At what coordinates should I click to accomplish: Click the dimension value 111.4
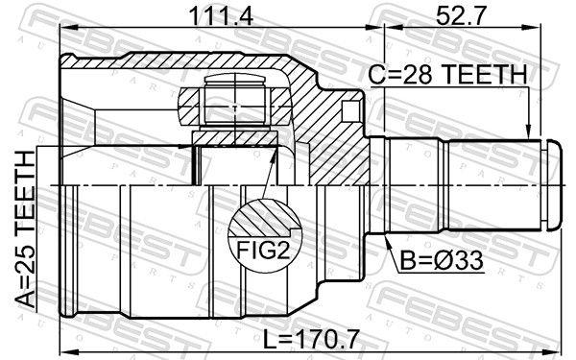(208, 15)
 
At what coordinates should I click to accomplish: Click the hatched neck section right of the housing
(341, 125)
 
